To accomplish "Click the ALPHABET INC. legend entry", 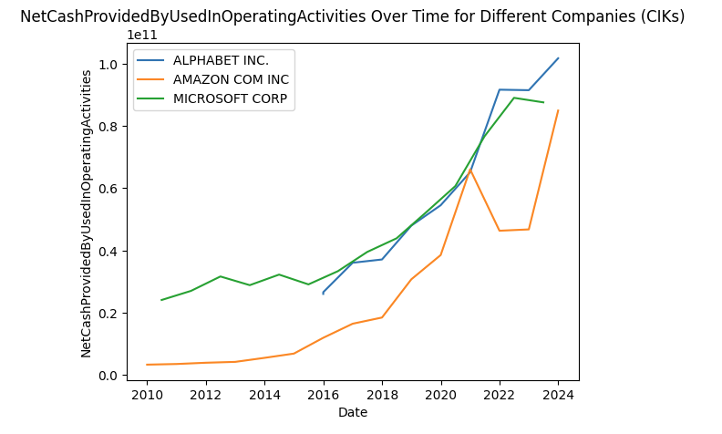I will point(221,60).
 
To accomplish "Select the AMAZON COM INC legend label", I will point(230,79).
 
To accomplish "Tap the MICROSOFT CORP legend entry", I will point(230,98).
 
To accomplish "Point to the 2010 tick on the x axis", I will point(147,395).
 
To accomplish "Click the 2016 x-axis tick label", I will point(324,395).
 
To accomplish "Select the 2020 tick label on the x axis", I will point(441,395).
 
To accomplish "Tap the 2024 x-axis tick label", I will point(559,395).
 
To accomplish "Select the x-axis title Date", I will point(353,413).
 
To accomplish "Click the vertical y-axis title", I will point(87,213).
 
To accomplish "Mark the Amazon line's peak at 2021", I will point(470,170).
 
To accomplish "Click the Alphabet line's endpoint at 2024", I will point(558,58).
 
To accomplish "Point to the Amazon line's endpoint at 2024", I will point(558,110).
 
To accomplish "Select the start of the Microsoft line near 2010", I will point(161,300).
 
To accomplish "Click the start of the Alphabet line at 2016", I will point(323,294).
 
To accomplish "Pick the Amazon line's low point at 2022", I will point(500,231).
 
